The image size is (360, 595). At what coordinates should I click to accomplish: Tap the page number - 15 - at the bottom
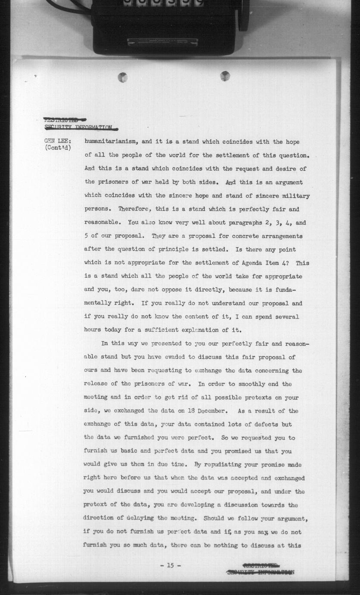click(x=170, y=565)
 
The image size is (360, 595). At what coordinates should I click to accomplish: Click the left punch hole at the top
click(x=123, y=77)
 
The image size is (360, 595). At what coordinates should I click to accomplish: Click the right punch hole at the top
click(x=225, y=76)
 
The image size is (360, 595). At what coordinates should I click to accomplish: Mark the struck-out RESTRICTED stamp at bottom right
click(x=261, y=565)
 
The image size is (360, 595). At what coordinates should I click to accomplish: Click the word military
click(x=294, y=195)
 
